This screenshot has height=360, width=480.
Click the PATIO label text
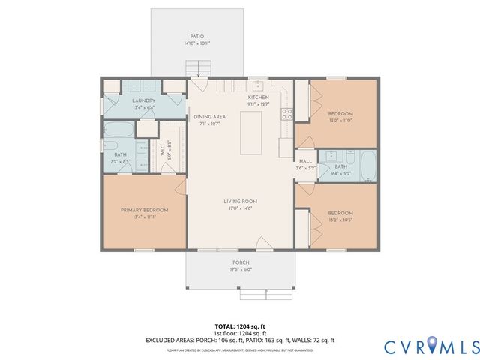196,36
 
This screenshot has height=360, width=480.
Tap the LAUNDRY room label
143,100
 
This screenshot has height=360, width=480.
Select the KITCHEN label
258,97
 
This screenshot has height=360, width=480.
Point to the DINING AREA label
209,117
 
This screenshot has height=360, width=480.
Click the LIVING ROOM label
240,202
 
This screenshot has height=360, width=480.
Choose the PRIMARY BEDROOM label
144,210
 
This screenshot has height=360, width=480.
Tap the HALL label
305,161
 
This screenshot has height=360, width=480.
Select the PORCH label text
240,262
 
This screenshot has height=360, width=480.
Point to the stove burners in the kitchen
286,114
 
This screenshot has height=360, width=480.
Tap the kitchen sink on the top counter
257,84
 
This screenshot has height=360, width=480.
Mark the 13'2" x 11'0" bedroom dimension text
340,120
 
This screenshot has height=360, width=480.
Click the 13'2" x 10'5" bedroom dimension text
340,220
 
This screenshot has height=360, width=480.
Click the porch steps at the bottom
264,294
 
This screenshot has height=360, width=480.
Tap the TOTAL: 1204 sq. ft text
240,326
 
